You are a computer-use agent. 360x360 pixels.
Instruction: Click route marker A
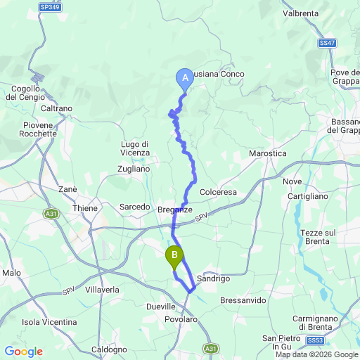click(185, 78)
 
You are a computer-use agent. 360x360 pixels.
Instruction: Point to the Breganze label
click(175, 210)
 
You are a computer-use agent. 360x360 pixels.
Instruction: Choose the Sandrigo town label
click(214, 278)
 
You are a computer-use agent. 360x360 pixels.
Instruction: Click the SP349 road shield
click(49, 8)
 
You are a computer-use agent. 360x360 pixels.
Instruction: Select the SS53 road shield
click(316, 340)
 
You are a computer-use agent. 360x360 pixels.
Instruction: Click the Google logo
click(23, 352)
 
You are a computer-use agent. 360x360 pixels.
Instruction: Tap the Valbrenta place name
click(301, 13)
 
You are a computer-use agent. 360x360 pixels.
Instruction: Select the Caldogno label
click(110, 349)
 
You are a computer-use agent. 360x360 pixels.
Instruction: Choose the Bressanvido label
click(243, 300)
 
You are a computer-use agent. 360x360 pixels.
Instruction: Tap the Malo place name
click(11, 273)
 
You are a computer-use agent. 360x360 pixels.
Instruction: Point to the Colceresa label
click(221, 191)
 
